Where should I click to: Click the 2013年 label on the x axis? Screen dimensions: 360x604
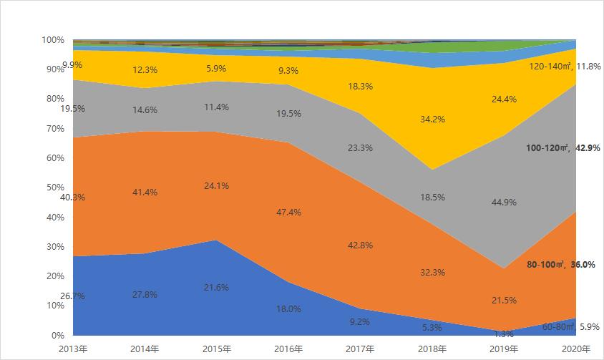73,349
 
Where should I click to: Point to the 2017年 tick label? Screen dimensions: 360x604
360,349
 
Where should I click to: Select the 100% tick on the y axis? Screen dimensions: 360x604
54,40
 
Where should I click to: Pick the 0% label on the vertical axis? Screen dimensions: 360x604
59,335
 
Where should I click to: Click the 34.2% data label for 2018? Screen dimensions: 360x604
432,119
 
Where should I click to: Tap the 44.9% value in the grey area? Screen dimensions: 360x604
504,202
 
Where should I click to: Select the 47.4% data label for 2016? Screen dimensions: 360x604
288,213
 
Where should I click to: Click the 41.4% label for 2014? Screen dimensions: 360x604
145,193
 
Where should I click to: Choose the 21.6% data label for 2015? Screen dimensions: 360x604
217,287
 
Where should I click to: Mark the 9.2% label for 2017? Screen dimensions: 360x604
360,322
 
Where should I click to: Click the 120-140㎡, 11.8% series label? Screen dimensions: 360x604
564,67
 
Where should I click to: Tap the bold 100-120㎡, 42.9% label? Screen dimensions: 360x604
562,148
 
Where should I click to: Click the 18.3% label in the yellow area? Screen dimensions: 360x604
360,85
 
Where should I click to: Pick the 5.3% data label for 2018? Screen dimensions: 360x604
432,328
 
